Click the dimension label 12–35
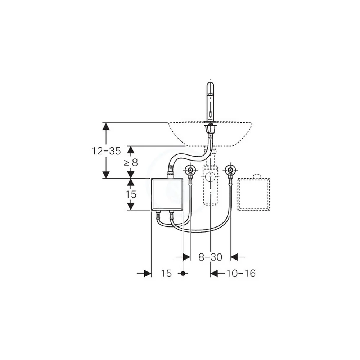tap(106, 151)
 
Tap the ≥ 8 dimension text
tap(131, 163)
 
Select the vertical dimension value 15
tap(131, 194)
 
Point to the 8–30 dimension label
tap(210, 257)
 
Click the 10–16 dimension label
tap(241, 274)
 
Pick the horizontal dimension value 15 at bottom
tap(166, 274)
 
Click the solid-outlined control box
tap(167, 194)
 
